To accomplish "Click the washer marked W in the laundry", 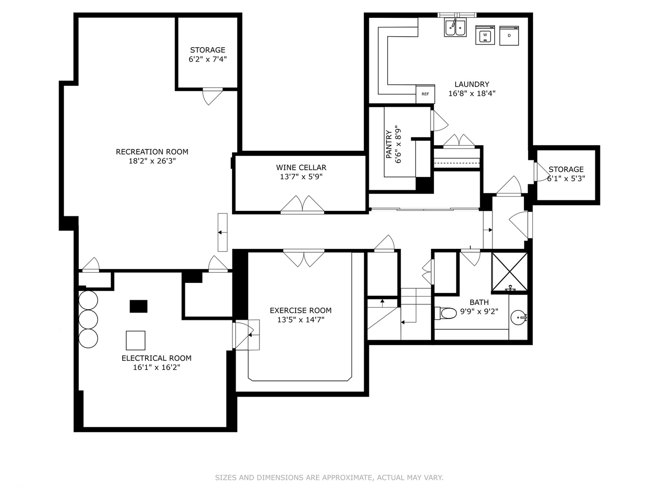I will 485,35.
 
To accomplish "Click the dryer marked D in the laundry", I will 509,35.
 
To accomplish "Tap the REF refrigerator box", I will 425,94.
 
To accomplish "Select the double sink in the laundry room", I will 455,28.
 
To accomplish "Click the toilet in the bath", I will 446,313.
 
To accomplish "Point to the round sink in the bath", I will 519,317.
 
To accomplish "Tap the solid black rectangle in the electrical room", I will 138,306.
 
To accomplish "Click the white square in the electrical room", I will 135,341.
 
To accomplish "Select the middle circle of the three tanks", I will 88,319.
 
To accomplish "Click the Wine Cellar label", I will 301,168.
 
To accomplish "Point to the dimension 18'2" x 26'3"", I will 152,161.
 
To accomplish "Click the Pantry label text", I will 389,144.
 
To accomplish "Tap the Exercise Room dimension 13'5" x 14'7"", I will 301,320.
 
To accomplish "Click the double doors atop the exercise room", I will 304,258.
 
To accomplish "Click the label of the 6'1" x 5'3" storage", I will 566,169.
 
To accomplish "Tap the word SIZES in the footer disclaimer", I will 226,478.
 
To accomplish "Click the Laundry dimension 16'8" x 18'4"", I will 472,93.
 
